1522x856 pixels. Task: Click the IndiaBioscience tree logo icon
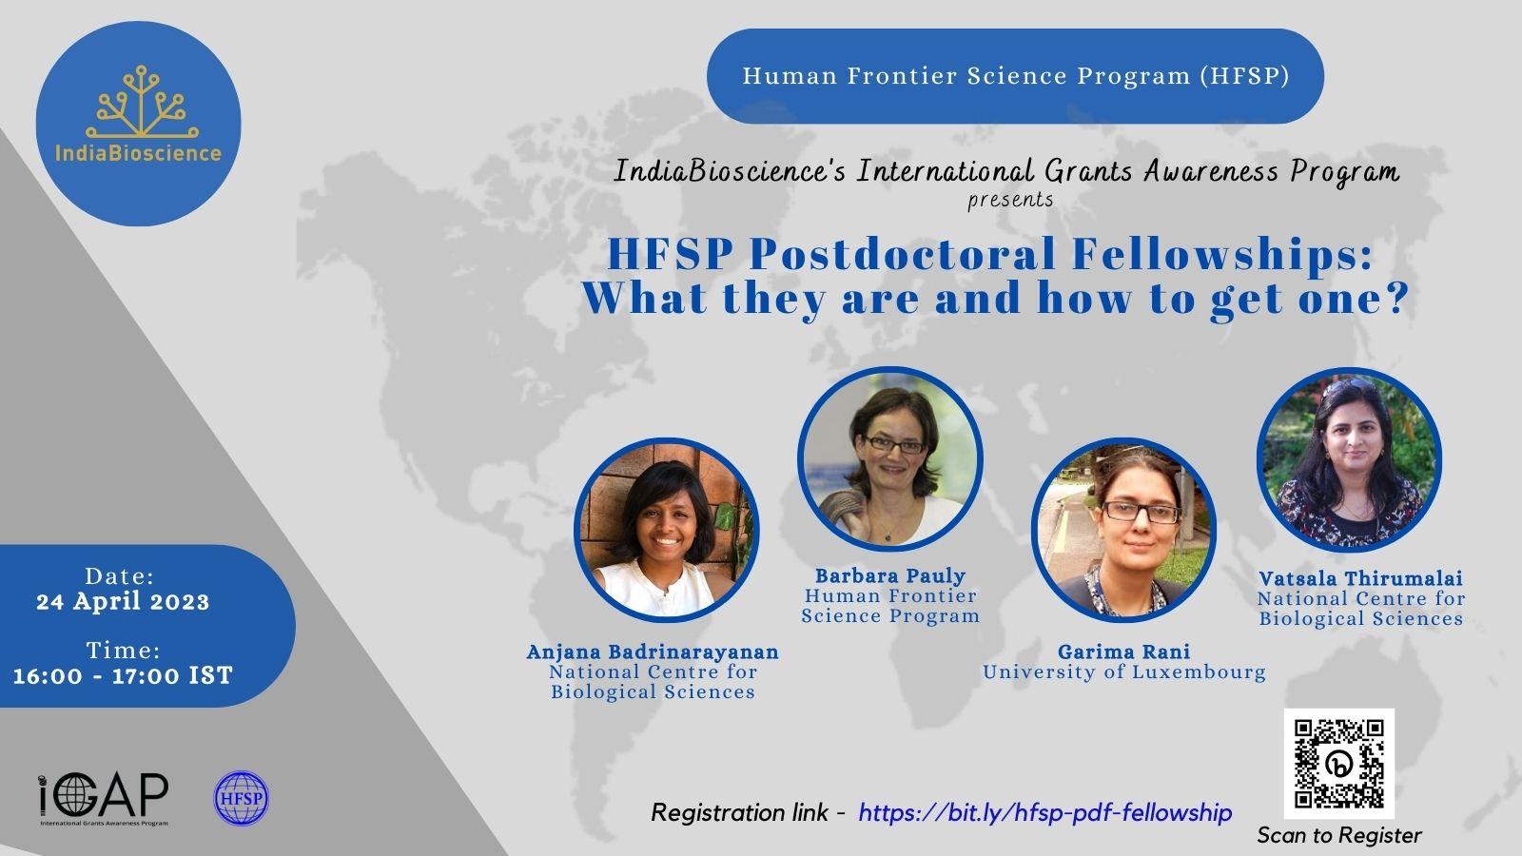coord(142,102)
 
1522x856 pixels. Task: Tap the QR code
coord(1338,764)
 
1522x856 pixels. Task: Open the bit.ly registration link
coord(1045,812)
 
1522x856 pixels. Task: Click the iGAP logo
coord(104,799)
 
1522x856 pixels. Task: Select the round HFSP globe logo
coord(242,798)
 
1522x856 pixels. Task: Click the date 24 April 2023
coord(123,602)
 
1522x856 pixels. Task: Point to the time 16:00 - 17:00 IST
coord(123,676)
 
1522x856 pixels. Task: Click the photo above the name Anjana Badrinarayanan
coord(667,530)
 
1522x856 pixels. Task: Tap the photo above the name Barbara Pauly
coord(890,458)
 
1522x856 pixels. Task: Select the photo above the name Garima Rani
coord(1123,530)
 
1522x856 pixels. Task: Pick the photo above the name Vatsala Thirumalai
coord(1350,460)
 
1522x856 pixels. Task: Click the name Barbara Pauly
coord(890,576)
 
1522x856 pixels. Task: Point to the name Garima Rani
coord(1123,652)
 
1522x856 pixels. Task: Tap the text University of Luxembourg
coord(1124,672)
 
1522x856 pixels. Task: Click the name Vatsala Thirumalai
coord(1360,579)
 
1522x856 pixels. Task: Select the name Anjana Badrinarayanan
coord(653,652)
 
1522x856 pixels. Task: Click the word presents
coord(1010,201)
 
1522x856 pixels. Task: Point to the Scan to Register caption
coord(1339,836)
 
